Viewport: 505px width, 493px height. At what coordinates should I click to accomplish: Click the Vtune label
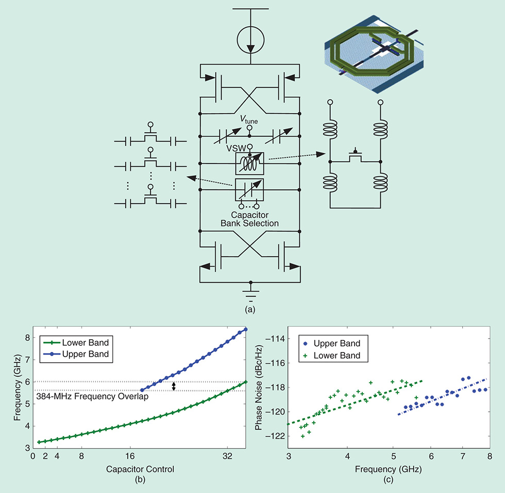250,120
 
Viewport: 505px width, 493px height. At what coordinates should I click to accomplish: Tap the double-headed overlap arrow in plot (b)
174,386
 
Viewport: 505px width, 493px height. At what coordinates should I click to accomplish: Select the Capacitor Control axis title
140,469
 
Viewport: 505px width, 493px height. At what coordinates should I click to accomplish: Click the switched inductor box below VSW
249,164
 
